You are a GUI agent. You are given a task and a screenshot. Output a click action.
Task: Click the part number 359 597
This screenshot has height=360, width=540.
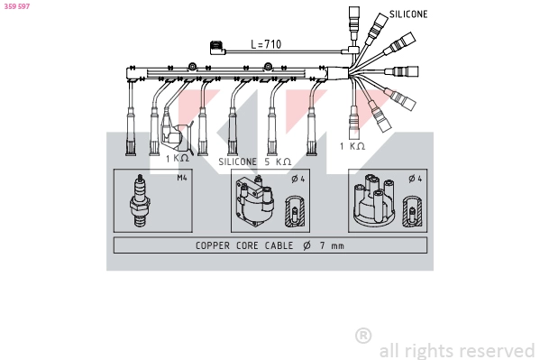[16, 6]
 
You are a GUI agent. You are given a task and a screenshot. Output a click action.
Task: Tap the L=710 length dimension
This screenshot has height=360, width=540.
[267, 44]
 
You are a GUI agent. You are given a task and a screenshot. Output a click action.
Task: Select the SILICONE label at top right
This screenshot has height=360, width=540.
[408, 14]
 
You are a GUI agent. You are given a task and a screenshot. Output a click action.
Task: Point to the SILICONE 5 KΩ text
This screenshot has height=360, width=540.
[255, 161]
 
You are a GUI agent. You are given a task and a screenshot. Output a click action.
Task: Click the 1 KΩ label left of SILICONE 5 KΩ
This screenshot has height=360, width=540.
[178, 158]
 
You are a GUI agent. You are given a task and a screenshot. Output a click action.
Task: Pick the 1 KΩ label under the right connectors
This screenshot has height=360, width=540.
[352, 146]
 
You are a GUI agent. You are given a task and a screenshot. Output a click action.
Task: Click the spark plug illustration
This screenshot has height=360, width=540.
[140, 201]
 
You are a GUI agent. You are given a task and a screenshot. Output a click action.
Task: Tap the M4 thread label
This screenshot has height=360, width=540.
[182, 178]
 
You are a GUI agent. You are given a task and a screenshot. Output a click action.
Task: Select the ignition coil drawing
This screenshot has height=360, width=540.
[252, 202]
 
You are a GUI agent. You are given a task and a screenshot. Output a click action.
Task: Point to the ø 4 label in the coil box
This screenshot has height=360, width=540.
[297, 178]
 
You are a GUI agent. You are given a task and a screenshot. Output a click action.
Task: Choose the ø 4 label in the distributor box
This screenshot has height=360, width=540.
[414, 178]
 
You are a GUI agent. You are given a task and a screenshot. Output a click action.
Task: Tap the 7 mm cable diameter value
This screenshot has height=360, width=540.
[330, 245]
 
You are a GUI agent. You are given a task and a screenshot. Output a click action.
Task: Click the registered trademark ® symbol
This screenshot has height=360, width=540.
[363, 336]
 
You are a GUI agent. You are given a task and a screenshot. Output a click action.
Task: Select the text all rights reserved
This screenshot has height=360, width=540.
[456, 350]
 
